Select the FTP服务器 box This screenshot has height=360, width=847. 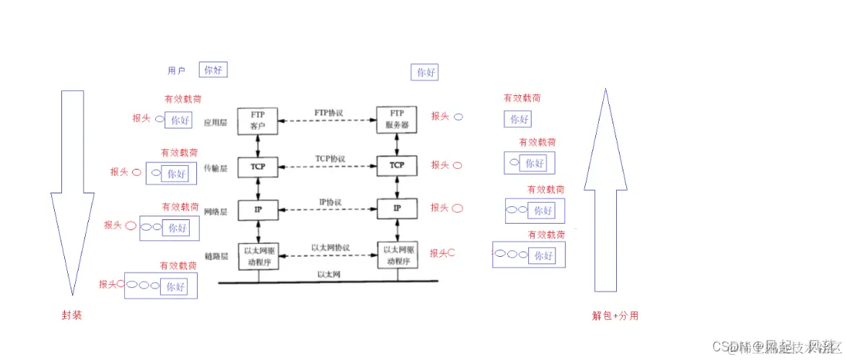point(397,120)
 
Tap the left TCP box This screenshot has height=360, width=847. point(258,166)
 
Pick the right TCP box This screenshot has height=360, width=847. point(397,166)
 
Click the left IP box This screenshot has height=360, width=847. point(258,209)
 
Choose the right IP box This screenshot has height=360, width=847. point(397,208)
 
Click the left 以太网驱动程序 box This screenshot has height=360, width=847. point(258,256)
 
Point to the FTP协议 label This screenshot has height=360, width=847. point(329,113)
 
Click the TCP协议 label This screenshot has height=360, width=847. point(330,159)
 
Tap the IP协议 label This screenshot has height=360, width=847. point(330,203)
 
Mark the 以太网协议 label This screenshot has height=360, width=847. point(330,247)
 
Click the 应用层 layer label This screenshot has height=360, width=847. point(216,123)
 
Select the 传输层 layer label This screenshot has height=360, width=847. point(216,168)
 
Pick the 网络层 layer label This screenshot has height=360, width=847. point(216,211)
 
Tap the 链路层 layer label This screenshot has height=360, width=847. point(216,256)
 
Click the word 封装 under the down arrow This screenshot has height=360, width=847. point(72,315)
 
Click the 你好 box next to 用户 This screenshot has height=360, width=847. point(213,70)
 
